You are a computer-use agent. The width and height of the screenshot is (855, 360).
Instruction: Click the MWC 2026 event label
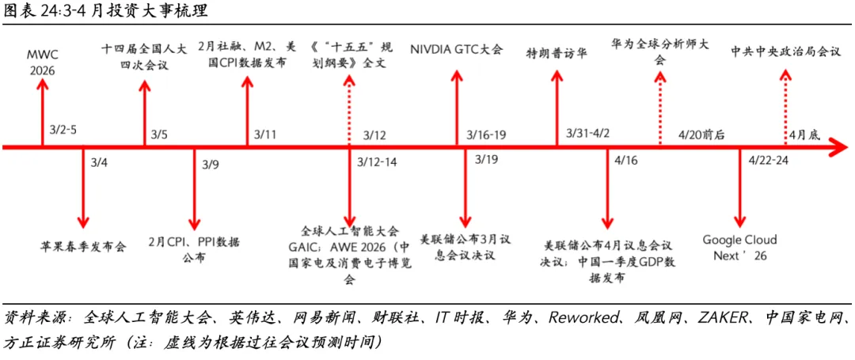coord(42,61)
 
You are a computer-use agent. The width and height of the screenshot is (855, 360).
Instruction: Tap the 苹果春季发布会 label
coord(83,246)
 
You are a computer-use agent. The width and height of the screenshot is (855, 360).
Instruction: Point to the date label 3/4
coord(98,163)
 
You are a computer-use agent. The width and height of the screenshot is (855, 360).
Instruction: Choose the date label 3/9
coord(210,165)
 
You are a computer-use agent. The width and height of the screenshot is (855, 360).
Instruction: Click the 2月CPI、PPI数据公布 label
coord(195,248)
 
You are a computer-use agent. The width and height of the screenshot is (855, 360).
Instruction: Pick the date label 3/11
coord(265,134)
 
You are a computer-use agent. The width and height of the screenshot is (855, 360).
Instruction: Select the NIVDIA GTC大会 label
coord(456,49)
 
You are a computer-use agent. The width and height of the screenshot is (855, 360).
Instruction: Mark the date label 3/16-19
coord(486,134)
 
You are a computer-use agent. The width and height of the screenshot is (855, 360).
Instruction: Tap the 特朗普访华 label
coord(557,53)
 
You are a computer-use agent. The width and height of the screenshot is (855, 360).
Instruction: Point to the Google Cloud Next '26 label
coord(739,247)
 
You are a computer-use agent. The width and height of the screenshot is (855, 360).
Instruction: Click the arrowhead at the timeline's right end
coord(836,146)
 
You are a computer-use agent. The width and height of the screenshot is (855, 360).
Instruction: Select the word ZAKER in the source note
coord(723,318)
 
